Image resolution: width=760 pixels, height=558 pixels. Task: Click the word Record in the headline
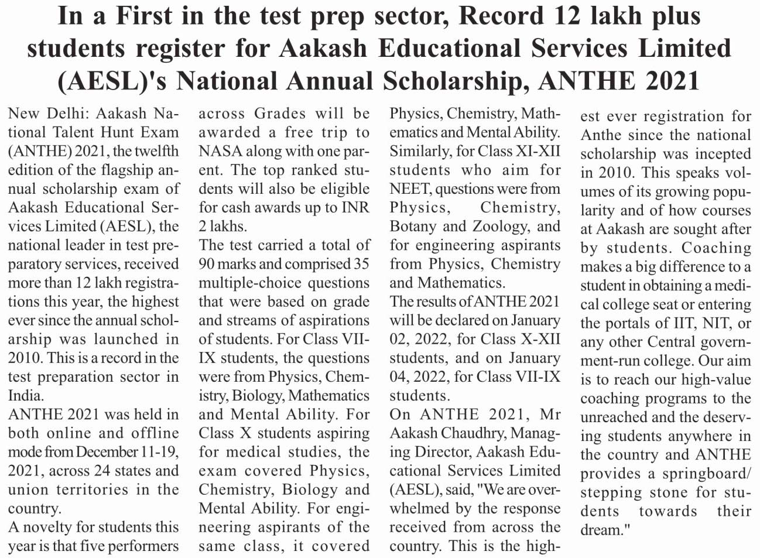tap(500, 16)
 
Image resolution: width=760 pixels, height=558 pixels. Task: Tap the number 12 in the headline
tap(566, 16)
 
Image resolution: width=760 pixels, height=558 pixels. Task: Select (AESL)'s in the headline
tap(111, 81)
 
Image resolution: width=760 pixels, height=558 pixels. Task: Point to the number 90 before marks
tap(207, 264)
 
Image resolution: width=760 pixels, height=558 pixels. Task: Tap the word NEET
tap(410, 189)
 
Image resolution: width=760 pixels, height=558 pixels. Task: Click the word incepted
tap(720, 154)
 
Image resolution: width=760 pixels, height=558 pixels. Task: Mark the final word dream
tap(603, 530)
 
